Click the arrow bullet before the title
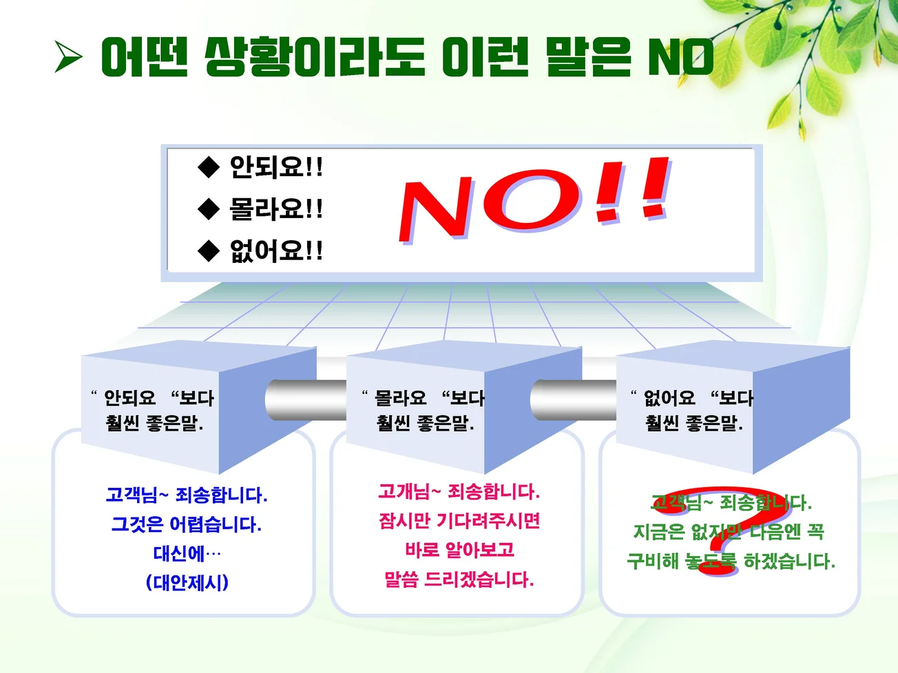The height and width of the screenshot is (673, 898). [x=68, y=57]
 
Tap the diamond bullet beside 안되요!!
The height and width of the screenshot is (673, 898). [x=208, y=167]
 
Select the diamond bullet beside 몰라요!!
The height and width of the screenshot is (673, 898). [x=208, y=209]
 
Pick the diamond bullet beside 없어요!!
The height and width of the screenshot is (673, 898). [x=208, y=251]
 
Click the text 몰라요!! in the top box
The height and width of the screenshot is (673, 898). [x=276, y=209]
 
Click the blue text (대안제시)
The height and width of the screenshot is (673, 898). [x=187, y=583]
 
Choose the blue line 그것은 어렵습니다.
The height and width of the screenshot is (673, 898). [x=187, y=525]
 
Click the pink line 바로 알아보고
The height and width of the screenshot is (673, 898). [x=459, y=550]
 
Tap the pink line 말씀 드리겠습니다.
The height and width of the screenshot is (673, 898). [x=459, y=579]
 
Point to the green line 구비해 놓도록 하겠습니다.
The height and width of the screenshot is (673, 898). [x=731, y=562]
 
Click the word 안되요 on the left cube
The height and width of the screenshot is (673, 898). [x=129, y=398]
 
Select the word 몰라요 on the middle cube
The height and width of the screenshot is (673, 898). [x=400, y=398]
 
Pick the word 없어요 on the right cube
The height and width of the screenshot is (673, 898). [x=669, y=398]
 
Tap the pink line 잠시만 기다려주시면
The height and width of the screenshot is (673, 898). [x=459, y=521]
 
